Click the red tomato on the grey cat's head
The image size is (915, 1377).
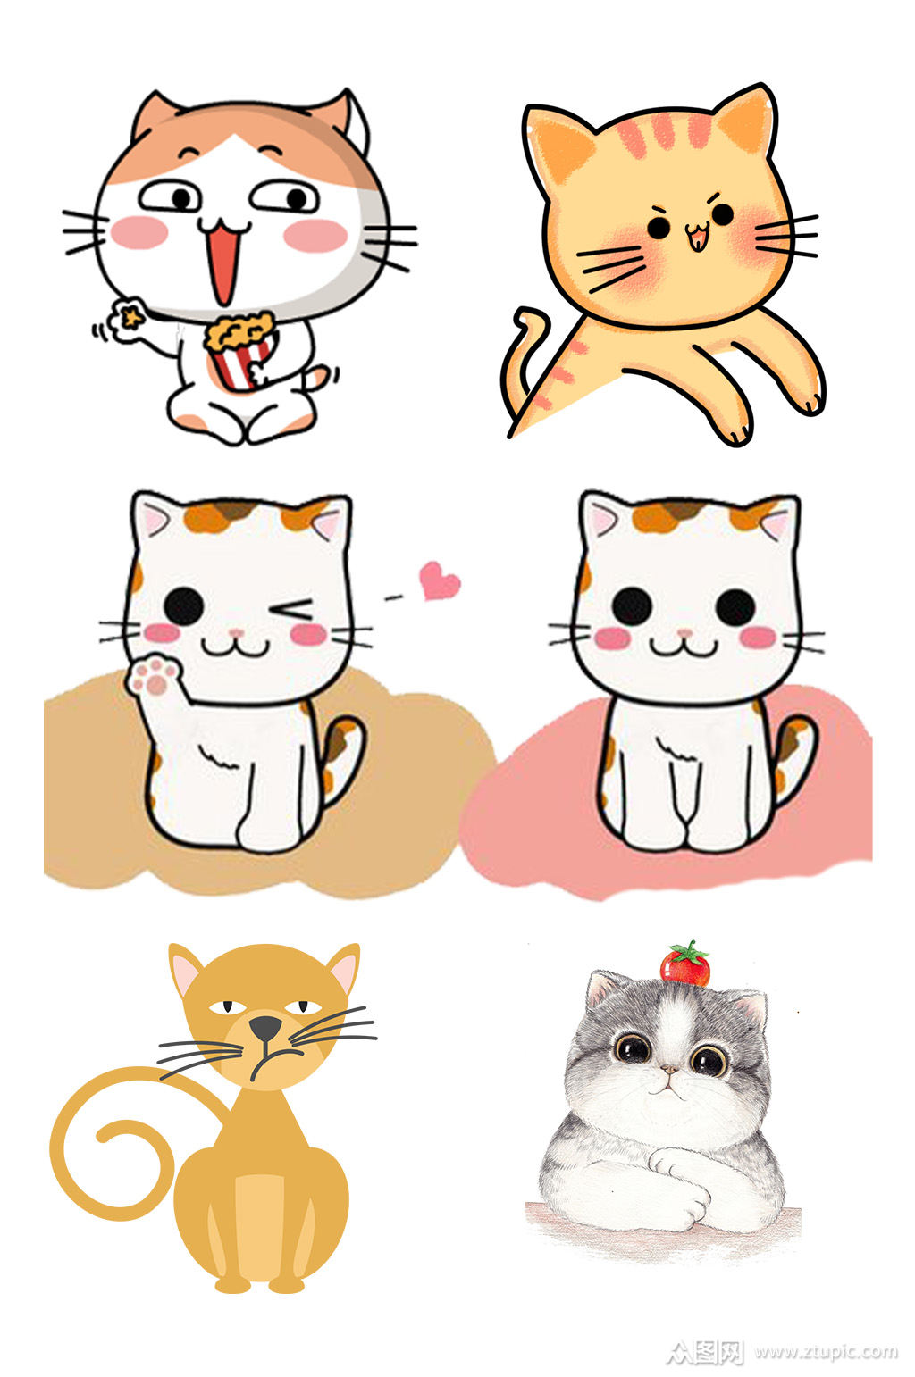coord(685,965)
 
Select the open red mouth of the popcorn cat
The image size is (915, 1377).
coord(223,263)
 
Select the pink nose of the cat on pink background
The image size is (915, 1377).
coord(684,632)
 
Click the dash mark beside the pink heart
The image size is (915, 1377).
coord(393,597)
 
